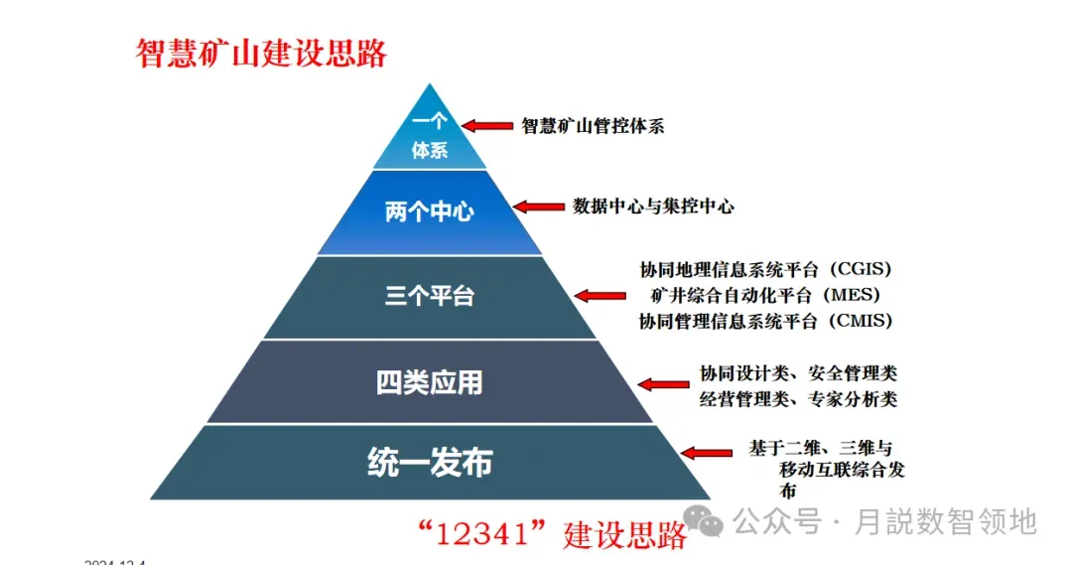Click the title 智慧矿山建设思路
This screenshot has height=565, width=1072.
click(x=261, y=53)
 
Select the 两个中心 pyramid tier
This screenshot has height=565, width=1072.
click(x=430, y=212)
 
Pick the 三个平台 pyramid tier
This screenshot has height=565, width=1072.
click(x=430, y=296)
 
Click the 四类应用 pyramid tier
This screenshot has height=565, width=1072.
click(x=430, y=382)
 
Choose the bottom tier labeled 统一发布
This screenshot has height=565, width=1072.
click(x=430, y=463)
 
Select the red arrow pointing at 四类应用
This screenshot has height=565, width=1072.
click(x=659, y=383)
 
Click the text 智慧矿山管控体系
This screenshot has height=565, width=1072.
click(x=593, y=126)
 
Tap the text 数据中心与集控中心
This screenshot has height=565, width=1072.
click(x=653, y=207)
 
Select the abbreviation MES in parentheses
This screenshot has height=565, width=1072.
click(x=852, y=295)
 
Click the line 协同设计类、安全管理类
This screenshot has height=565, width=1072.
click(x=798, y=373)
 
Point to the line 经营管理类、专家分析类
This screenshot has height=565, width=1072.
click(x=798, y=399)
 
